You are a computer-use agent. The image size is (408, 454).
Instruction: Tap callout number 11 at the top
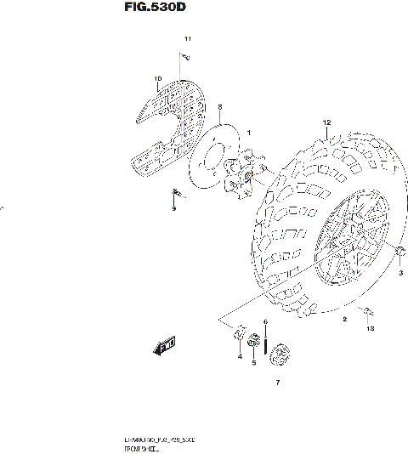188,40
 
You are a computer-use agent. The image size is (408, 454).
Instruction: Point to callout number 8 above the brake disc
219,107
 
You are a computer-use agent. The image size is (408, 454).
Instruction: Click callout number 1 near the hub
249,133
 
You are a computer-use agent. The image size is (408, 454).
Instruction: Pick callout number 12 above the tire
325,123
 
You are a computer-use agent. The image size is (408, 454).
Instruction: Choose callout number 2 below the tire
344,320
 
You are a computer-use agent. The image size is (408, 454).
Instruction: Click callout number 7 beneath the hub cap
276,384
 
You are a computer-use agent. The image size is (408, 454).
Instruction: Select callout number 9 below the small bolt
173,209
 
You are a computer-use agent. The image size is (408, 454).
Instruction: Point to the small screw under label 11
183,57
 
